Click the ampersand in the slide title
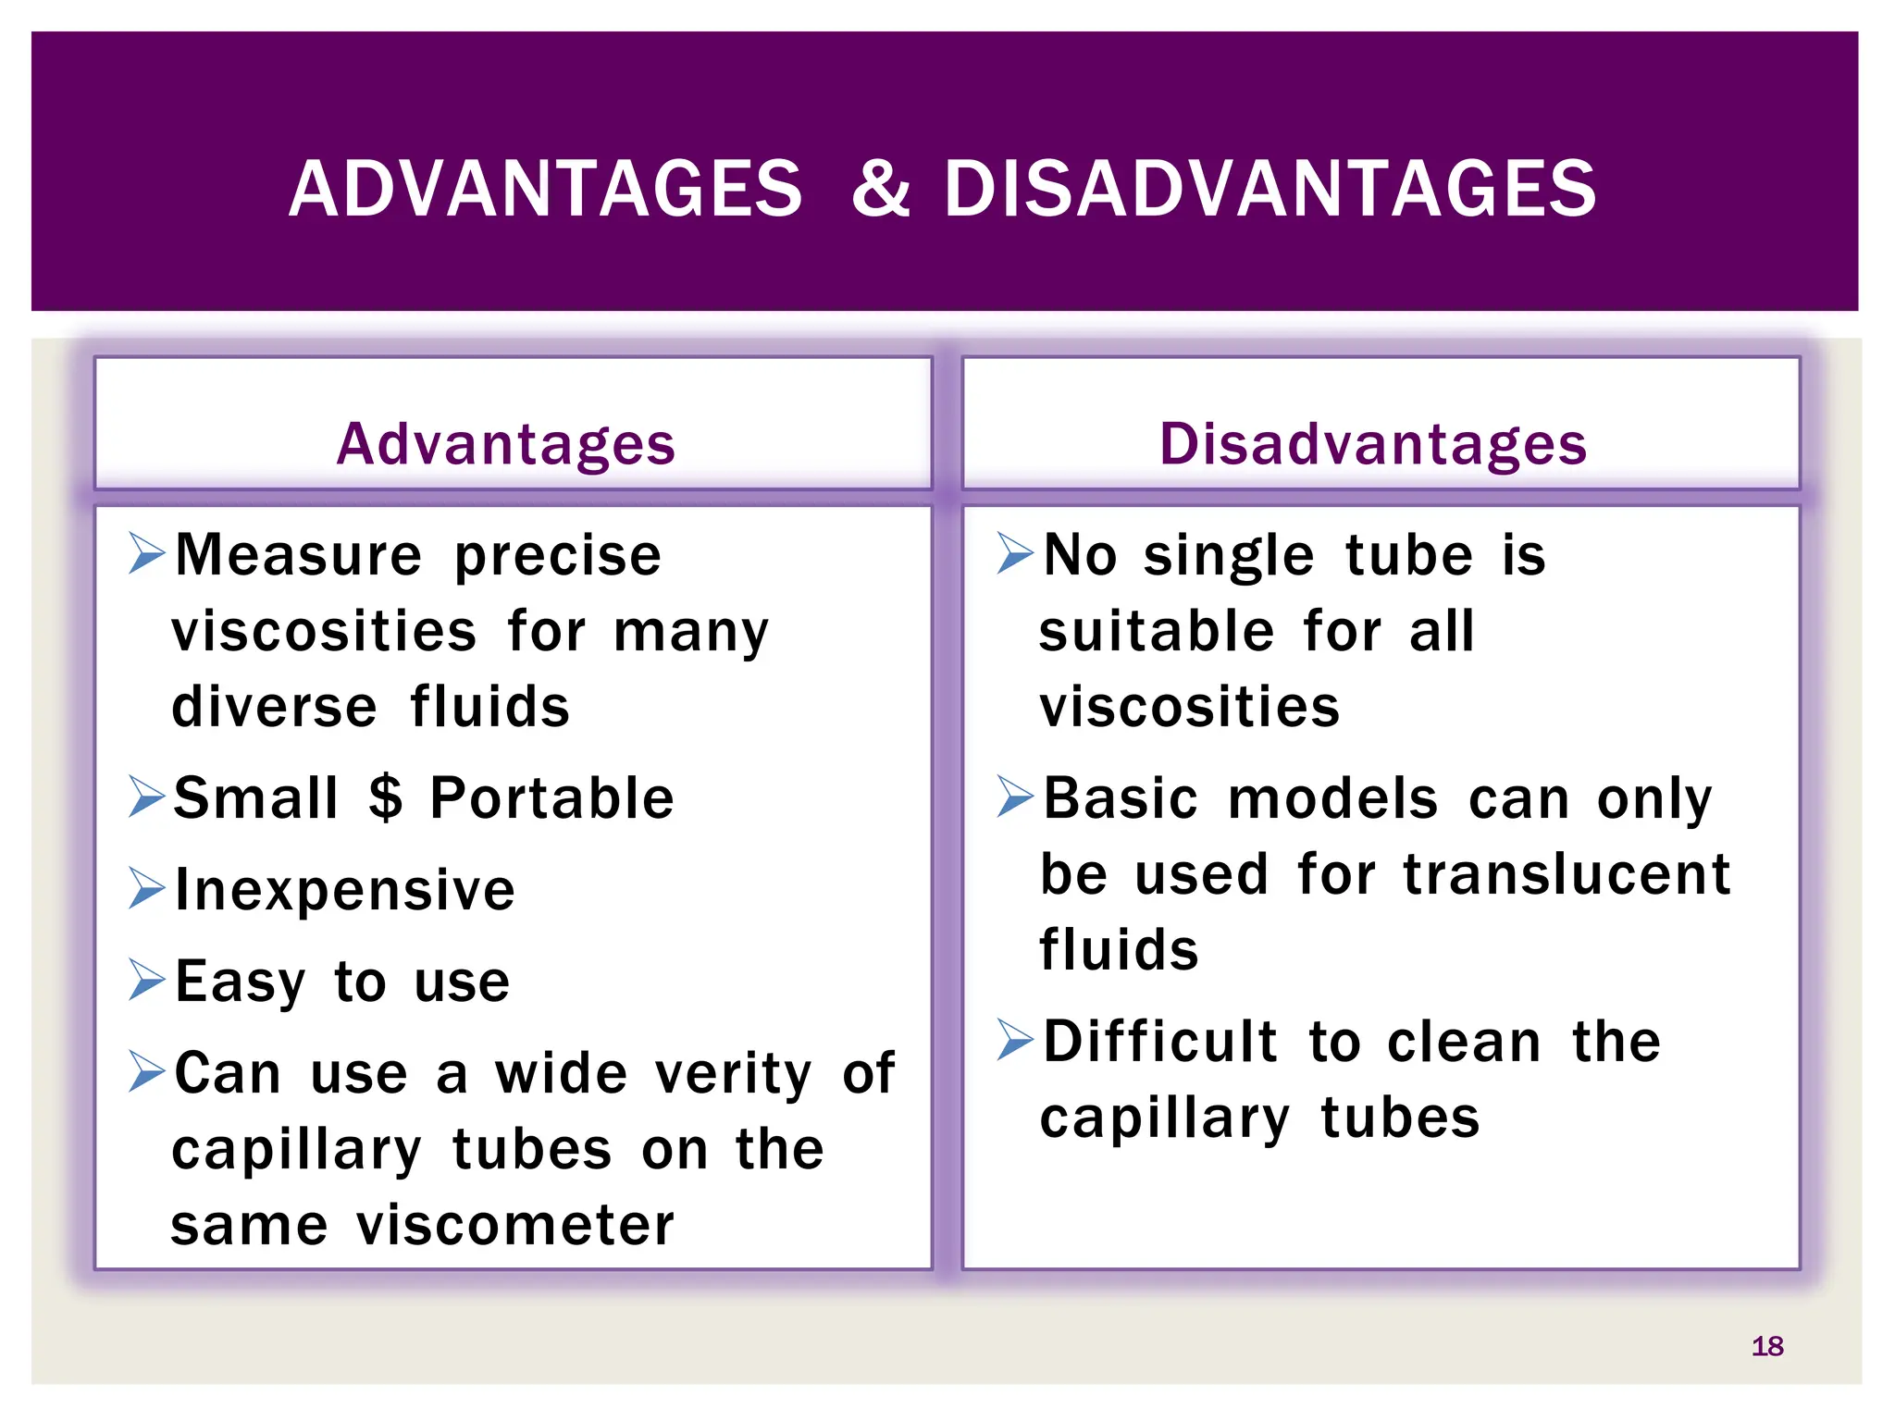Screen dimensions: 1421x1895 tap(880, 190)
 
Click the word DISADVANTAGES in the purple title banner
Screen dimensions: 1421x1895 tap(1270, 190)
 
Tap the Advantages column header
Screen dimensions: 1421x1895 tap(506, 444)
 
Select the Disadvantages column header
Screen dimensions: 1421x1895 tap(1373, 444)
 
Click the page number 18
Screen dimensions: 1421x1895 tap(1766, 1346)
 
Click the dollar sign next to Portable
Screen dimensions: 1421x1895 tap(386, 797)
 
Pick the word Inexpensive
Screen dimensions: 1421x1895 tap(345, 890)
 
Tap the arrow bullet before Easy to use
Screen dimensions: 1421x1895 tap(146, 980)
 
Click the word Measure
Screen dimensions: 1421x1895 tap(298, 555)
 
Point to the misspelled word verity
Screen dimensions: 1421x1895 tap(733, 1075)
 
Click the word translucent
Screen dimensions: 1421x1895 tap(1567, 874)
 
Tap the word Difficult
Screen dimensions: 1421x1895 tap(1160, 1042)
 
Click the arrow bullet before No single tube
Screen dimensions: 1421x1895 tap(1014, 553)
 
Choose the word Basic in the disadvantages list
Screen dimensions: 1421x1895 tap(1121, 797)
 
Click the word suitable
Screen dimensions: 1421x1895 tap(1157, 631)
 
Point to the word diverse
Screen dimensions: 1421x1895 tap(275, 707)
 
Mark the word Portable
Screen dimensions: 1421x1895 tap(552, 797)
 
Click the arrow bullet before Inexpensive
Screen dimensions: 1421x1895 tap(146, 888)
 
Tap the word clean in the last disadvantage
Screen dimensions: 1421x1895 tap(1465, 1042)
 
